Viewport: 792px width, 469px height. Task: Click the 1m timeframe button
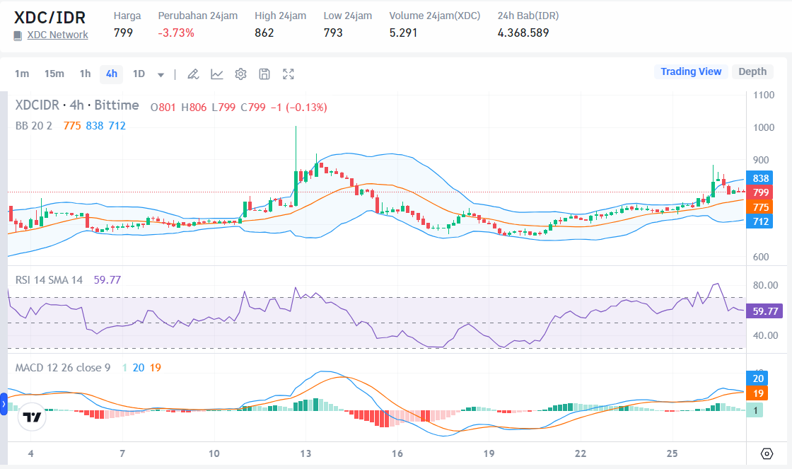pos(22,74)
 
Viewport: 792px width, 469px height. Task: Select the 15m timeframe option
pos(54,74)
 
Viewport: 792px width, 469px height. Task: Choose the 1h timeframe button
pos(85,74)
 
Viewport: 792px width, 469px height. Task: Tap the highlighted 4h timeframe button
pos(112,74)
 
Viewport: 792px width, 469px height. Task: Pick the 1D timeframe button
pos(139,74)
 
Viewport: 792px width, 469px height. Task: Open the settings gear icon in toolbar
pos(240,74)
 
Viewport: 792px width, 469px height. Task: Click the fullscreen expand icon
pos(289,74)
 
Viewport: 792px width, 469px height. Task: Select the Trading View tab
pos(690,71)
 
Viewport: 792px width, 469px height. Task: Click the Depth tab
pos(752,71)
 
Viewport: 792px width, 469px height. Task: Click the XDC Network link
pos(57,35)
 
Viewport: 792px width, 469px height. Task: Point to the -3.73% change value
pos(176,33)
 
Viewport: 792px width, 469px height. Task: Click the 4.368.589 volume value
pos(523,33)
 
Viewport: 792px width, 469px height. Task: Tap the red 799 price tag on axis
pos(761,192)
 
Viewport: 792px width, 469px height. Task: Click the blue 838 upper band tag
pos(761,178)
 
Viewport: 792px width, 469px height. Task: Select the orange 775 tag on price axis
pos(761,207)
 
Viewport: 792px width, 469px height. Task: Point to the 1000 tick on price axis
pos(764,128)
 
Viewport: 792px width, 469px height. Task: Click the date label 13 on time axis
pos(306,453)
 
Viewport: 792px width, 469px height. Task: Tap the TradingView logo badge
pos(31,417)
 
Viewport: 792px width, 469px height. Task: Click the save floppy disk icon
pos(264,74)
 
